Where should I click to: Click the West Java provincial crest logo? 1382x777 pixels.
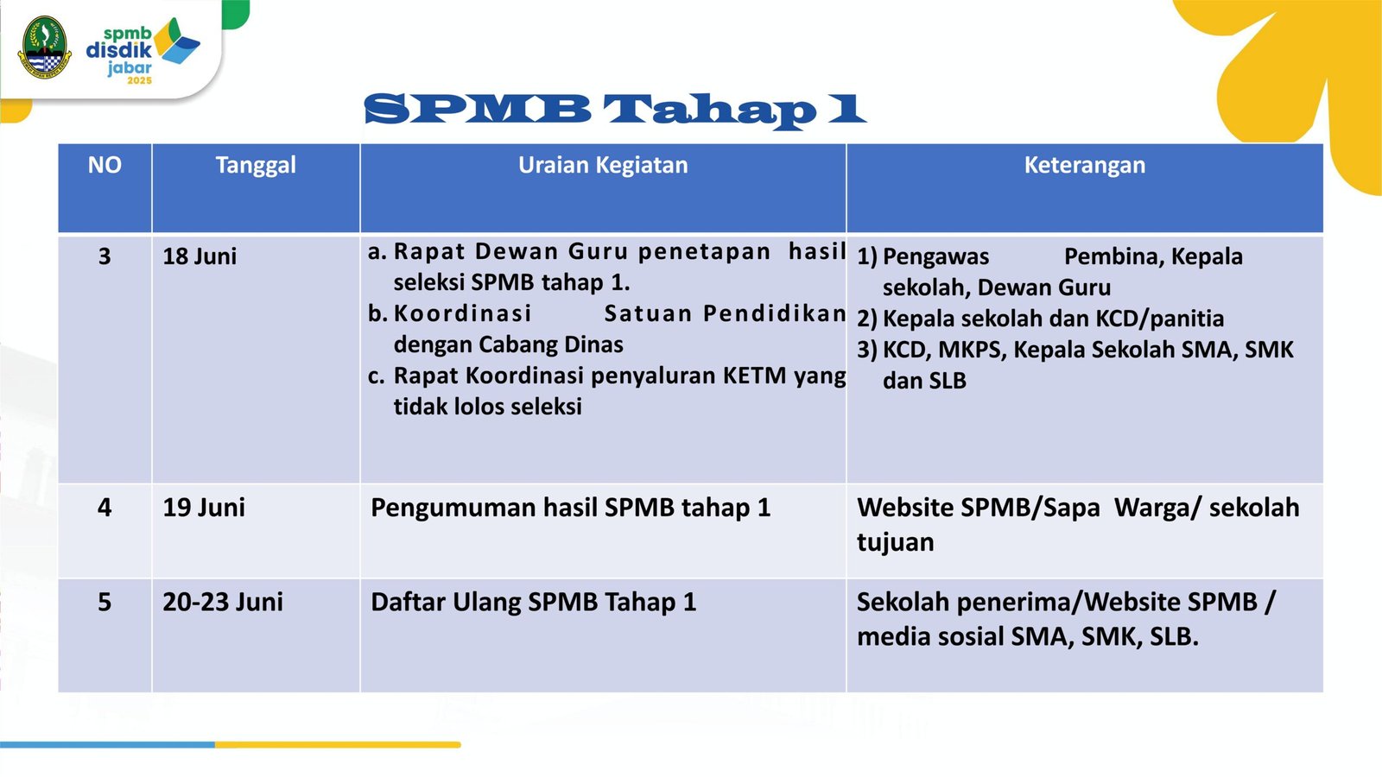(x=45, y=47)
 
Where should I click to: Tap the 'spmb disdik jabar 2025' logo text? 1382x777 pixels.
(x=119, y=55)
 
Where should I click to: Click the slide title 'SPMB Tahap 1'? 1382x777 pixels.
(x=615, y=111)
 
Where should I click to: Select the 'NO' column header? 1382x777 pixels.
(x=105, y=165)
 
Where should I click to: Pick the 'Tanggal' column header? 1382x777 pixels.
(x=256, y=166)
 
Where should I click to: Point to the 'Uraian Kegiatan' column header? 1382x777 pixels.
(x=603, y=166)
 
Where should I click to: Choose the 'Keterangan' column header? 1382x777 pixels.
(x=1085, y=166)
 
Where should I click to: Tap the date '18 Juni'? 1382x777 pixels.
(x=200, y=256)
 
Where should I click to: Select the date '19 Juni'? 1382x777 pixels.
(x=204, y=508)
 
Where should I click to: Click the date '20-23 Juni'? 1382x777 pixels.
(x=223, y=602)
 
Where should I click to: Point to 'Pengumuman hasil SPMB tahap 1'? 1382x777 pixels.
(x=571, y=509)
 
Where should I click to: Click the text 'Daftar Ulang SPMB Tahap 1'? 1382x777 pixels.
(x=533, y=603)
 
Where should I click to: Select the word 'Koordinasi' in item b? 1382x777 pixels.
(x=462, y=314)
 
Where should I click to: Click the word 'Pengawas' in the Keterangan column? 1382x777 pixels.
(x=935, y=257)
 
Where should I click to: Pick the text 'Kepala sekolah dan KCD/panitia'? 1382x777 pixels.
(x=1053, y=319)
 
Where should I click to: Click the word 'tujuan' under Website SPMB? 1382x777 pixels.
(x=895, y=543)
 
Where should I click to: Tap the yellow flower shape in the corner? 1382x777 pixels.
(x=1296, y=80)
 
